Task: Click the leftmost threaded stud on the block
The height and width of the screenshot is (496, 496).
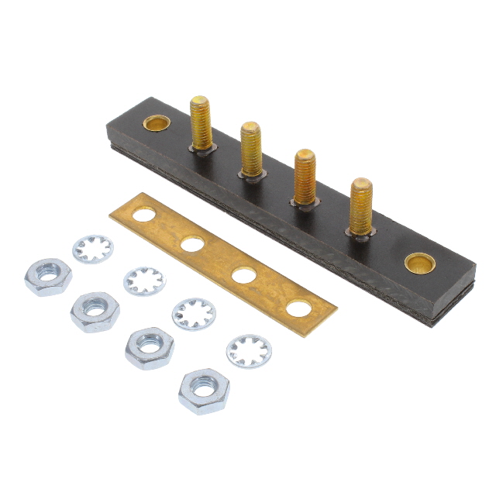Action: pyautogui.click(x=201, y=122)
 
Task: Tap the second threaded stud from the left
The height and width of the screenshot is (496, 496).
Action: pyautogui.click(x=250, y=148)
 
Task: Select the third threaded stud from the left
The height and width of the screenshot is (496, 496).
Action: pyautogui.click(x=305, y=176)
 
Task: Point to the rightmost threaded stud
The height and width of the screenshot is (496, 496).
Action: pyautogui.click(x=360, y=205)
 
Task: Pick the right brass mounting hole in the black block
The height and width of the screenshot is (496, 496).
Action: pyautogui.click(x=420, y=263)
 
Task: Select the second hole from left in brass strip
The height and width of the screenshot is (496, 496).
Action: pyautogui.click(x=193, y=245)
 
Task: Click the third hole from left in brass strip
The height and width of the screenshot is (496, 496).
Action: pyautogui.click(x=243, y=275)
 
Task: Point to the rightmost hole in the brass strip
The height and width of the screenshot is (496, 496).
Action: pyautogui.click(x=298, y=308)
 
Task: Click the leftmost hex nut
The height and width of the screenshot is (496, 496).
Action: pyautogui.click(x=48, y=277)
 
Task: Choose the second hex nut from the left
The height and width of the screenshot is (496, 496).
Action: pyautogui.click(x=95, y=311)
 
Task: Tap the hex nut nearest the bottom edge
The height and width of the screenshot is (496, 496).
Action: pyautogui.click(x=204, y=391)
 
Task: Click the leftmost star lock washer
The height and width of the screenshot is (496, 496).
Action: pyautogui.click(x=92, y=250)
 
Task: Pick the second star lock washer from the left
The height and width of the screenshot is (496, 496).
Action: pyautogui.click(x=145, y=280)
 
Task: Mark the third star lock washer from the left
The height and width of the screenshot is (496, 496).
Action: pyautogui.click(x=194, y=313)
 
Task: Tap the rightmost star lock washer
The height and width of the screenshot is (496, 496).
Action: pyautogui.click(x=249, y=350)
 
